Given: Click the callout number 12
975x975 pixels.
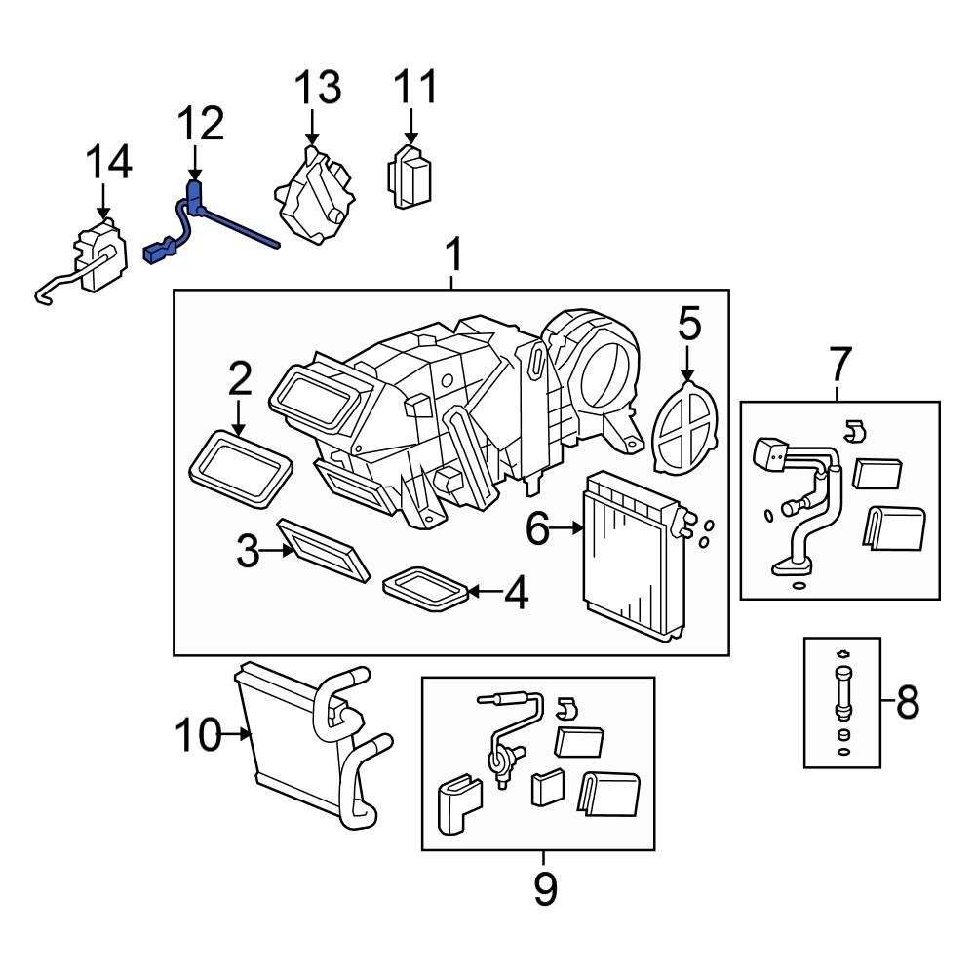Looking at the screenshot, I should [201, 124].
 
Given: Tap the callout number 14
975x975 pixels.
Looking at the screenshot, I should [108, 163].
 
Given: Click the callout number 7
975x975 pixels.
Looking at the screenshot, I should [839, 365].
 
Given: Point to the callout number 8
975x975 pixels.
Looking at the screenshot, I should [907, 701].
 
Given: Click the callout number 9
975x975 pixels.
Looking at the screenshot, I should [545, 888].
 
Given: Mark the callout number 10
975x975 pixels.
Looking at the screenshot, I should [199, 735].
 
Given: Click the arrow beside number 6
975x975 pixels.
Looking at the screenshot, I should [567, 528].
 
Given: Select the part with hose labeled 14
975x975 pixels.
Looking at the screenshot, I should [97, 258].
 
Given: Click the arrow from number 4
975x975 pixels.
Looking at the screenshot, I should [485, 591].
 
